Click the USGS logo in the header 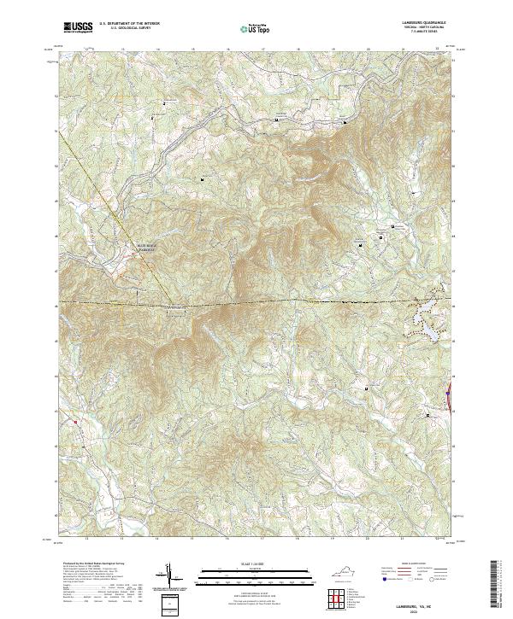coord(78,27)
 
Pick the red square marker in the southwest coord(75,421)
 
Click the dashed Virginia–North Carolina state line coord(256,304)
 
